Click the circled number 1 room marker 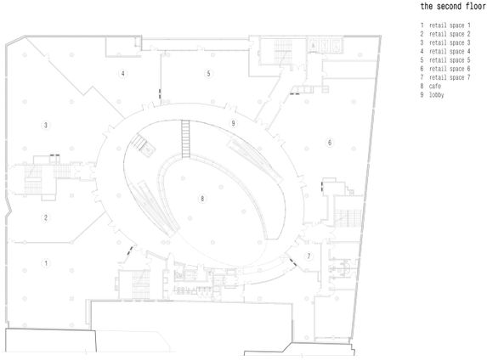click(x=46, y=263)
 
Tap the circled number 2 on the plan click(x=46, y=217)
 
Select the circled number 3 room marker click(x=46, y=126)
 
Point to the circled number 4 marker click(x=123, y=74)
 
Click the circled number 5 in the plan click(x=209, y=74)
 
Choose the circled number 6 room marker click(x=330, y=143)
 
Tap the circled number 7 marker click(x=309, y=256)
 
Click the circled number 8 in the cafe click(x=202, y=199)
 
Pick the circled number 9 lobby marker click(x=233, y=123)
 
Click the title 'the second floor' click(x=452, y=7)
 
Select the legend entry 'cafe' click(x=435, y=87)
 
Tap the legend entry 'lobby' click(x=436, y=95)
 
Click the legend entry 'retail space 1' click(x=450, y=25)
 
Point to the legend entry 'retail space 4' click(x=450, y=52)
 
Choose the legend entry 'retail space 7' click(x=450, y=77)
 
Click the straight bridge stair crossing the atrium click(x=186, y=138)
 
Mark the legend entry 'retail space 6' click(x=450, y=69)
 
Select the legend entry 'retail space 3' click(x=450, y=42)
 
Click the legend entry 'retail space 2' click(x=450, y=34)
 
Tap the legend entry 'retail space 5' click(x=450, y=60)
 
